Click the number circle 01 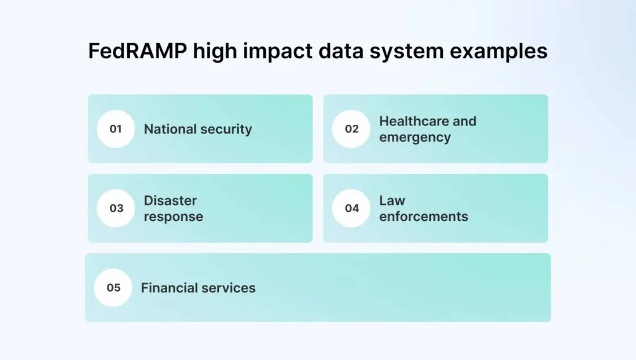coord(116,129)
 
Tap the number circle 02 coord(352,129)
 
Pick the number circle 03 coord(116,209)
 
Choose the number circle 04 coord(352,209)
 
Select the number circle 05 coord(113,288)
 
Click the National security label coord(198,129)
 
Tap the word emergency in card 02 coord(415,138)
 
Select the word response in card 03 coord(173,217)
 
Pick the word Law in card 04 coord(392,200)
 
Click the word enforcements coord(424,217)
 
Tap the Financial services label coord(198,288)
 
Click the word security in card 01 coord(225,129)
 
